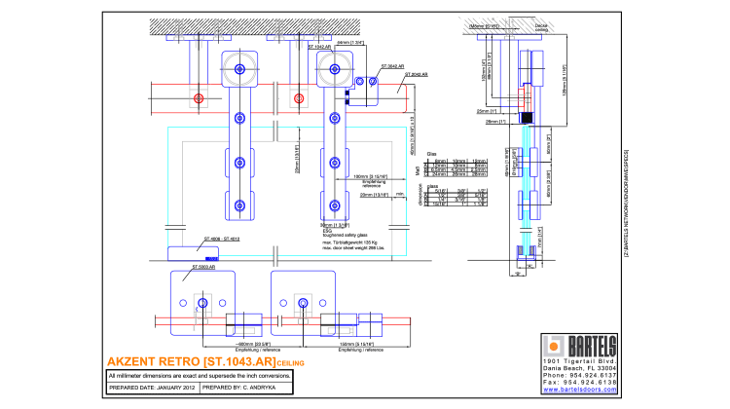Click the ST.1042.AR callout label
click(x=323, y=45)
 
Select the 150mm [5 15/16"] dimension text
click(x=353, y=343)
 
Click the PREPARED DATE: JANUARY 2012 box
click(x=154, y=388)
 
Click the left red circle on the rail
click(x=199, y=98)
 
